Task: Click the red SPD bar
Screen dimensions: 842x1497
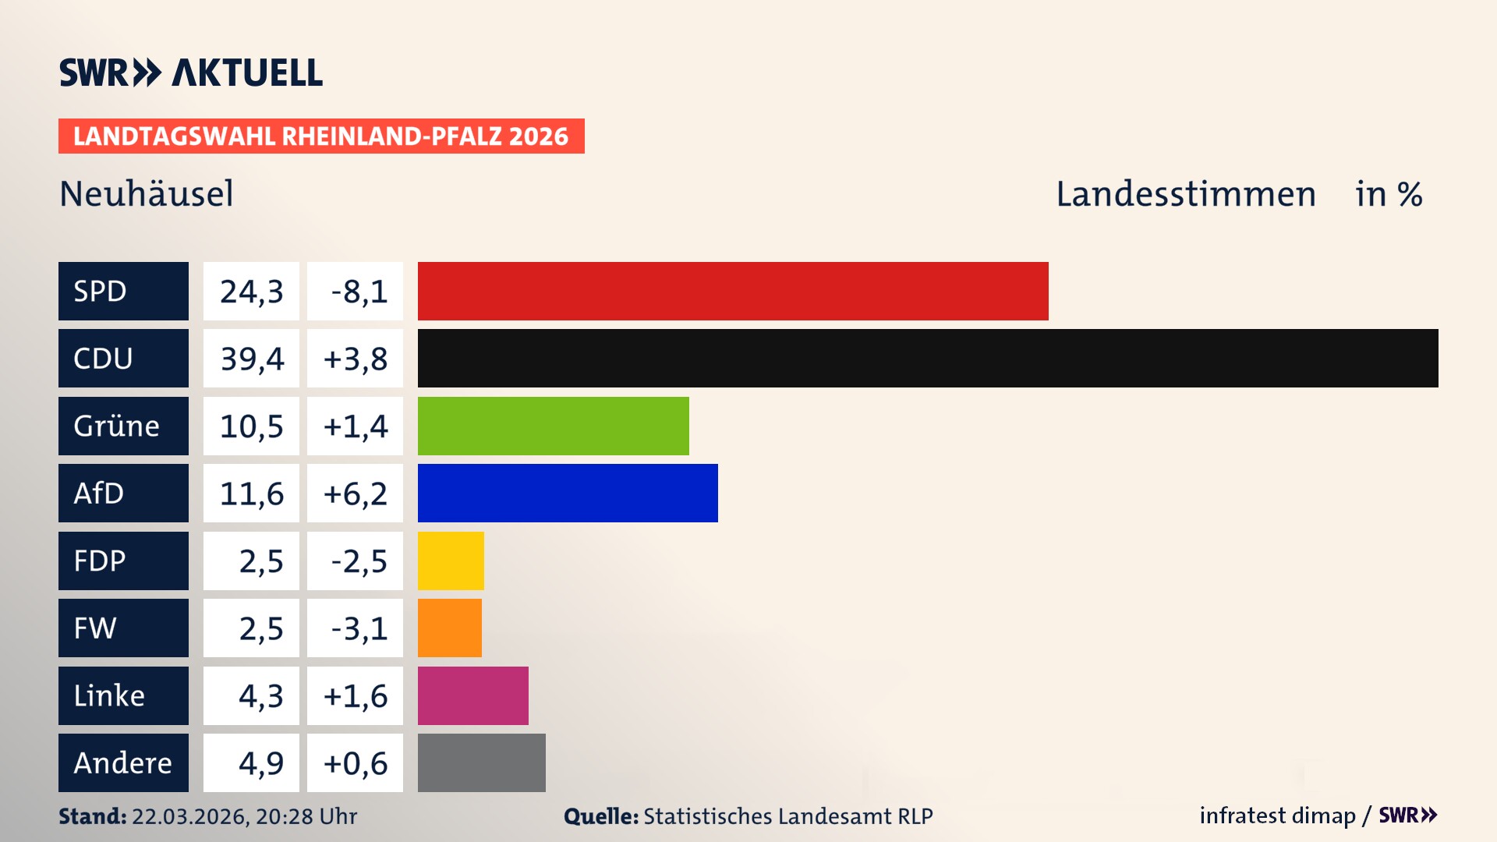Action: [733, 291]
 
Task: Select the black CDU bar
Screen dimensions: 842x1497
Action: [928, 359]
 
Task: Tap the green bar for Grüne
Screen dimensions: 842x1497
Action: [554, 426]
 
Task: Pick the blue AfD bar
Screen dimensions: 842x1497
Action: [568, 493]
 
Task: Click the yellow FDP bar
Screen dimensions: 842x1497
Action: [451, 561]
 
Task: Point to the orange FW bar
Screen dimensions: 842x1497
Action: [450, 628]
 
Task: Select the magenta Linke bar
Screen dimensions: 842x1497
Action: [473, 695]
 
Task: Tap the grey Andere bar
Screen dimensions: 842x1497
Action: [482, 762]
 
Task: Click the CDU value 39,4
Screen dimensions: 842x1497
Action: [251, 359]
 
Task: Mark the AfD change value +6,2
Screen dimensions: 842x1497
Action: [356, 494]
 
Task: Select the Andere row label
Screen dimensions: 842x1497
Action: [123, 762]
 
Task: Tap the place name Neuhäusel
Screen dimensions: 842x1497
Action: [147, 193]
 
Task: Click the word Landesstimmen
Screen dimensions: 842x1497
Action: [1185, 193]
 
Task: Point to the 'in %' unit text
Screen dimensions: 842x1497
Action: [1388, 194]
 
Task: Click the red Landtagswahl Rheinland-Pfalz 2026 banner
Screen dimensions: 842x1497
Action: [321, 136]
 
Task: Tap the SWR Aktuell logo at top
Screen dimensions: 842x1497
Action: [191, 73]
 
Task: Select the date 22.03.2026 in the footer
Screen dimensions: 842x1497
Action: [189, 816]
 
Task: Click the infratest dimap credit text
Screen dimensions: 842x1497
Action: [1277, 815]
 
